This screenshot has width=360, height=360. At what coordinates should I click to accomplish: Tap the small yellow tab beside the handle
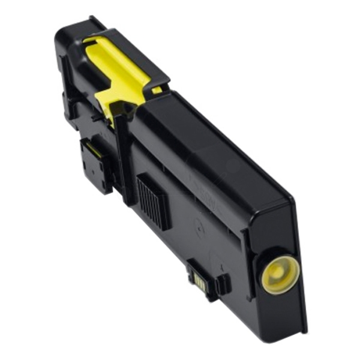point(157,90)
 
